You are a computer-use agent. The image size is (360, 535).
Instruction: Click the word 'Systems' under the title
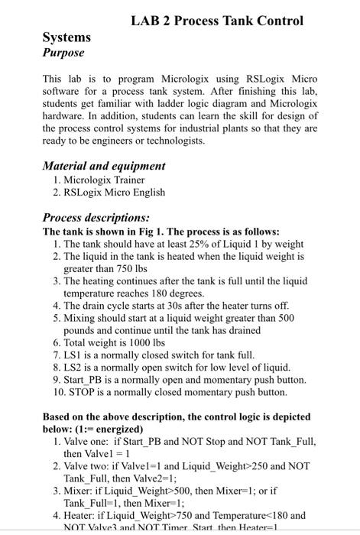(66, 37)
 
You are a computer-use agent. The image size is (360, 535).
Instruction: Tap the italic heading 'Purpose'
(63, 53)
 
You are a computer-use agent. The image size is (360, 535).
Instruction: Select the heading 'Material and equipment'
(104, 166)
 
